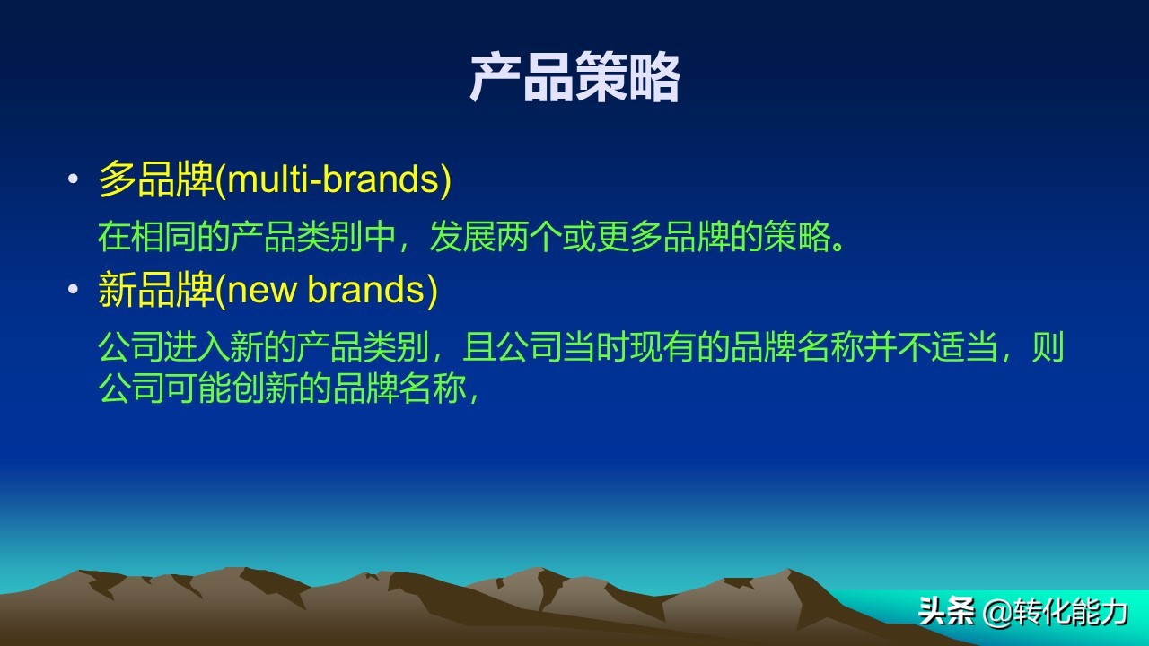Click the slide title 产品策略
click(x=574, y=79)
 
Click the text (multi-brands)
click(x=333, y=180)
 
